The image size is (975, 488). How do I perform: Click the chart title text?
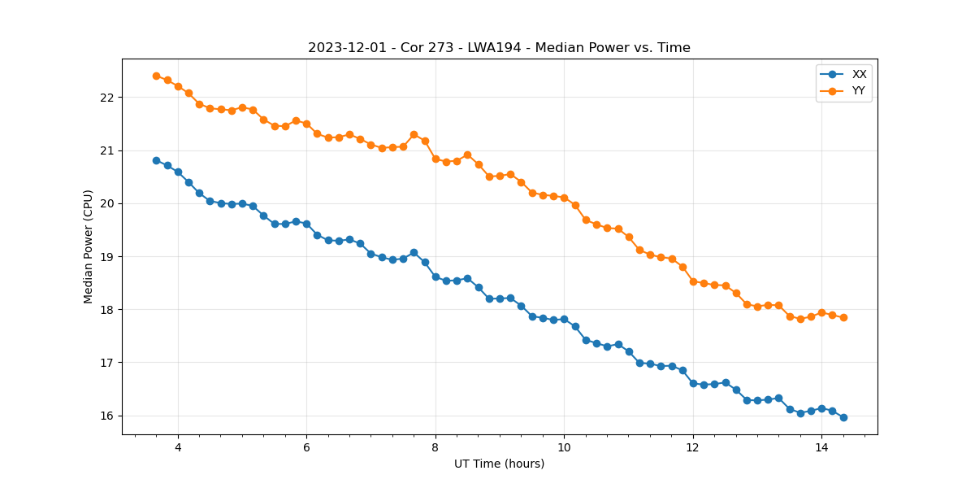(x=499, y=48)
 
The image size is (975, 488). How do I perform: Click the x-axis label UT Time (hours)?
(x=499, y=464)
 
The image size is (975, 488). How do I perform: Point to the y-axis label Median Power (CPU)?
(x=89, y=246)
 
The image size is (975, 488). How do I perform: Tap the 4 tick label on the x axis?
(x=178, y=447)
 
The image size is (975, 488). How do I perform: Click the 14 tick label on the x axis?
(x=821, y=447)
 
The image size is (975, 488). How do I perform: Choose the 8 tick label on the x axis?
(x=435, y=447)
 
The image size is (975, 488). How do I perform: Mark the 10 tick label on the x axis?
(x=564, y=447)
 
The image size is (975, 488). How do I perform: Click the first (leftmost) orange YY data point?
(x=156, y=76)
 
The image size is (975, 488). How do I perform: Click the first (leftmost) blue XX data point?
(x=156, y=160)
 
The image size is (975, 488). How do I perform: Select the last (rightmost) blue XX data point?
(x=843, y=417)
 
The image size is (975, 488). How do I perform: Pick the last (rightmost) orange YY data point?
(x=843, y=317)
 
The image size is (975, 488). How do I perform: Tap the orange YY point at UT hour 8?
(x=435, y=159)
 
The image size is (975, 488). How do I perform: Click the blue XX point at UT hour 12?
(x=693, y=383)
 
